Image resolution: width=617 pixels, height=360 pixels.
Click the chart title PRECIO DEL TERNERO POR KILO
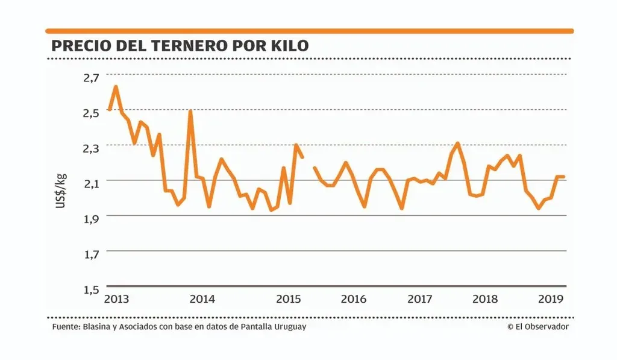pos(180,46)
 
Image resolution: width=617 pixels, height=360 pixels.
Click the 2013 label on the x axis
pos(116,299)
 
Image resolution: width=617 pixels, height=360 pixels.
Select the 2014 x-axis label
pos(202,299)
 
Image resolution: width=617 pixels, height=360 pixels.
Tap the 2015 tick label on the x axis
pos(289,299)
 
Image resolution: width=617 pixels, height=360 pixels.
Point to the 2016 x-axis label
pos(354,299)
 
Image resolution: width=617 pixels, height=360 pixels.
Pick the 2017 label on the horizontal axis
pos(420,299)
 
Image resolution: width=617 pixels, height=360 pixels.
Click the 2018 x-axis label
pos(485,299)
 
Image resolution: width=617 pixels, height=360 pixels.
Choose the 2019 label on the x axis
pos(550,299)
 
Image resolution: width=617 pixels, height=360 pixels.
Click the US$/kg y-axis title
pos(61,191)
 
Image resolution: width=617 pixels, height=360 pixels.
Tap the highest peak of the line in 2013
pos(116,87)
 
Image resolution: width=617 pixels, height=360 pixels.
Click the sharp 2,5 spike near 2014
pos(190,112)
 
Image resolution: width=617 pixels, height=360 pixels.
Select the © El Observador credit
pos(538,327)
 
